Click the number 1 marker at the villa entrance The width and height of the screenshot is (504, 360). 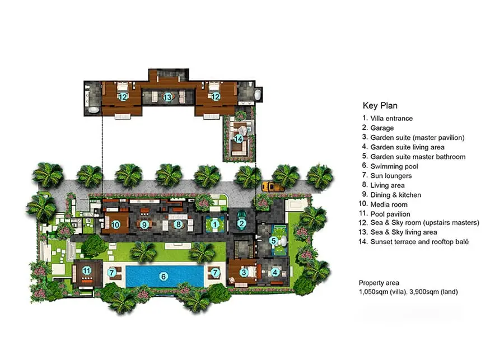(214, 225)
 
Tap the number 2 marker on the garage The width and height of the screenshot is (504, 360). (242, 224)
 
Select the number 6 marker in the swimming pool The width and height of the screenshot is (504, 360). (164, 277)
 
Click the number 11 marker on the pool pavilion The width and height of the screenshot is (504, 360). (86, 270)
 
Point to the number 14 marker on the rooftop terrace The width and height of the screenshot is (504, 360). (239, 139)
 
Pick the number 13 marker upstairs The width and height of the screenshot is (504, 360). (167, 97)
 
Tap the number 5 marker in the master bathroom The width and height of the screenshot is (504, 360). (273, 240)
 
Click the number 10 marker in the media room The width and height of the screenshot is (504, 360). (115, 225)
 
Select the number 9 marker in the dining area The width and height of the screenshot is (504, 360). (144, 225)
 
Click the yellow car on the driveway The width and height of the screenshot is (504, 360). (272, 187)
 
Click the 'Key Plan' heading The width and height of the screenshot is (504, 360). (380, 105)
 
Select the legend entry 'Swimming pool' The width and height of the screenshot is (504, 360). (394, 166)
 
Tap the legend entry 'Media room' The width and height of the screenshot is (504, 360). (389, 204)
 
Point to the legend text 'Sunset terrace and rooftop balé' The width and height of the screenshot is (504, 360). (419, 242)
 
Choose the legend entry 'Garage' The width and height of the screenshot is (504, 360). (382, 128)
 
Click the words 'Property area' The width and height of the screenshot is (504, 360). (379, 283)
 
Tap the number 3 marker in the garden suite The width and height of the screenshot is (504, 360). (244, 273)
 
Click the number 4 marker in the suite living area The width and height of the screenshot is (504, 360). (275, 272)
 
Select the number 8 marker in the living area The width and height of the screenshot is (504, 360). (178, 225)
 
